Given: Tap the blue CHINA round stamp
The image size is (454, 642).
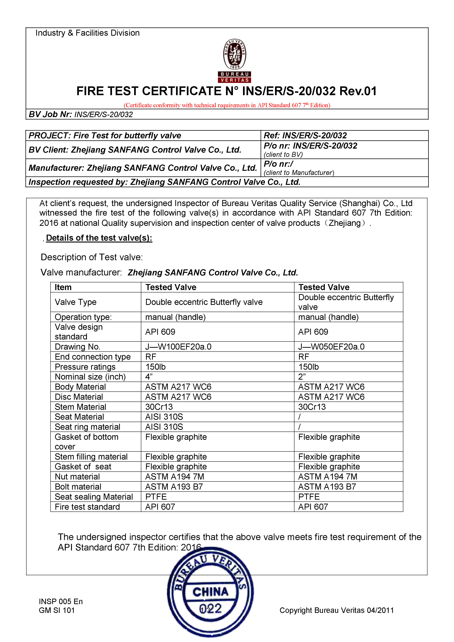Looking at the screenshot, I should point(210,592).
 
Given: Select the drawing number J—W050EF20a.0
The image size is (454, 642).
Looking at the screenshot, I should point(331,347).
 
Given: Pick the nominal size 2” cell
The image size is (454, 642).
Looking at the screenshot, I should point(302,377).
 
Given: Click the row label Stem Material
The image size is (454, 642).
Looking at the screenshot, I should point(80,407).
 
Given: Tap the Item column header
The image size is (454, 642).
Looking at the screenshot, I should point(63,287).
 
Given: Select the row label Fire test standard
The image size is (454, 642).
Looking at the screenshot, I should point(87,507).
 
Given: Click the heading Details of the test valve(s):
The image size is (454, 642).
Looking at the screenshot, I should point(99,238).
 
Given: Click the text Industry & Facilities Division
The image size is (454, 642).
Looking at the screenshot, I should point(87,33).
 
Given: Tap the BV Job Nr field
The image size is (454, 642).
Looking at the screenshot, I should point(81,114).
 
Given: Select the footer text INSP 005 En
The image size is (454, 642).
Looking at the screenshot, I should point(61,601).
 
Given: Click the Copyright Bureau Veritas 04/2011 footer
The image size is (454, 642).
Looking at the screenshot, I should point(337,610).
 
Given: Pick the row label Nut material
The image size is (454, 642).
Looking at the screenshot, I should point(77,476).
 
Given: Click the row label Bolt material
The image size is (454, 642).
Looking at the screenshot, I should point(78,487).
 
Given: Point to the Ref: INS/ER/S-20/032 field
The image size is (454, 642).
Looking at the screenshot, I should point(305,136).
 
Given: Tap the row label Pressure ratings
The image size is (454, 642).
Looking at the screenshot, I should point(85,367).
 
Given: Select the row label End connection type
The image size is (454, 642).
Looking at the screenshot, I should point(93,357).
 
